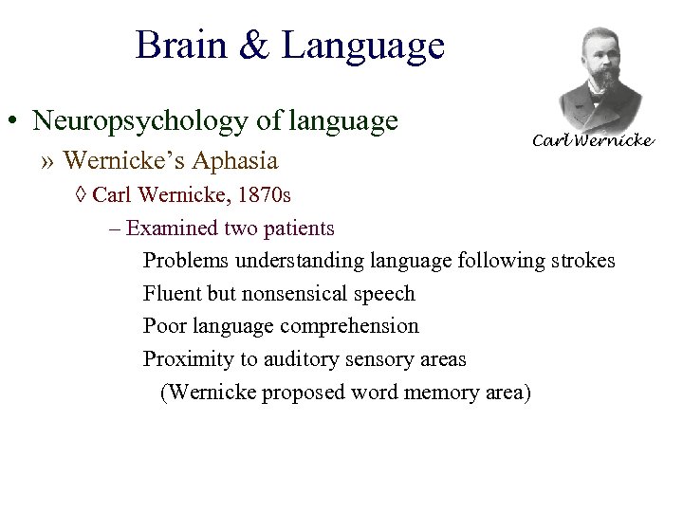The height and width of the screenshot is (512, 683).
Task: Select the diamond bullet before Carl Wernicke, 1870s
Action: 81,196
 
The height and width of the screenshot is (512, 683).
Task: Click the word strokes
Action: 583,261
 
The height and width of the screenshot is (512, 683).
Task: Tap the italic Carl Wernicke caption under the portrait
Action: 593,140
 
